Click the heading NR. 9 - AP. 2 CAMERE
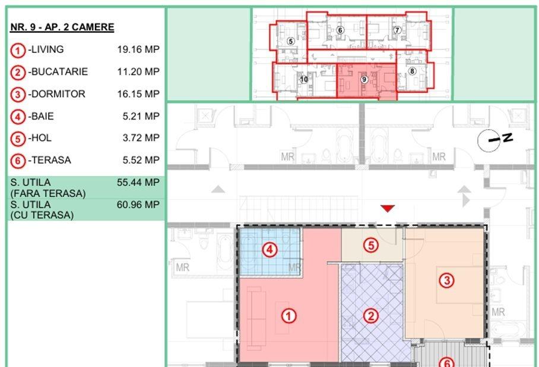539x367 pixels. click(62, 27)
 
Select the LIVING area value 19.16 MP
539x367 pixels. click(138, 49)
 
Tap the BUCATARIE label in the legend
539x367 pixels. click(58, 72)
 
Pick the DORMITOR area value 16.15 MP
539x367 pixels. click(138, 94)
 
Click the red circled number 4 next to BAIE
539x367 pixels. click(18, 117)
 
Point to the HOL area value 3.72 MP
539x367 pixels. click(141, 138)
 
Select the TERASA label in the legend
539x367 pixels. click(50, 160)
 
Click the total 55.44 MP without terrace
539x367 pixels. click(138, 182)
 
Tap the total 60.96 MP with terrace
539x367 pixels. click(138, 205)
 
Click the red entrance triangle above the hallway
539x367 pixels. click(388, 208)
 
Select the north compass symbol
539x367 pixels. click(495, 140)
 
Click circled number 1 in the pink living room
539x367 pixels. click(288, 316)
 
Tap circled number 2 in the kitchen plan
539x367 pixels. click(370, 316)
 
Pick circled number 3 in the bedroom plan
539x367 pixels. click(447, 280)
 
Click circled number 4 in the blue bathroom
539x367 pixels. click(270, 249)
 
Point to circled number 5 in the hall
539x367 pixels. click(371, 245)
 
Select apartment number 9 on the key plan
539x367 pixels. click(364, 80)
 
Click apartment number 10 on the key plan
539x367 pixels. click(304, 80)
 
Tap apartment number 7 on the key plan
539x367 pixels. click(397, 30)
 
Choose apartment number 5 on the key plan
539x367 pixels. click(291, 42)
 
